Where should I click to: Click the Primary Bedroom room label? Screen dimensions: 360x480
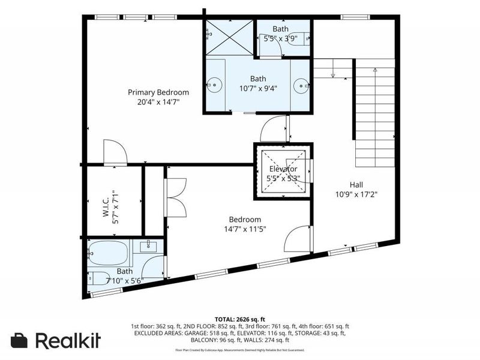158,92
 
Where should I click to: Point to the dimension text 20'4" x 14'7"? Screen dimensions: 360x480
158,102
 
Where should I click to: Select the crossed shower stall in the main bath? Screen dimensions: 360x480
229,38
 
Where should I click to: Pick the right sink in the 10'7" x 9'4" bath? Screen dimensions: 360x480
302,86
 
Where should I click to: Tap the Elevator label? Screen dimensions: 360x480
283,169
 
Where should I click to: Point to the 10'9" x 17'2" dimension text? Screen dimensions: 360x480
356,194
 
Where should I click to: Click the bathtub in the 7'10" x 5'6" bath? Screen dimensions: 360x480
109,254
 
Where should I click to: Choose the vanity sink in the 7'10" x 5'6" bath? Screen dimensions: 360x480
149,245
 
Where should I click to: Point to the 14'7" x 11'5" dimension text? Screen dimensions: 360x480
245,229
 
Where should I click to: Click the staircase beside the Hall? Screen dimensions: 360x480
374,114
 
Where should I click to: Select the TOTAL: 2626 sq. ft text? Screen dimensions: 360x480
240,319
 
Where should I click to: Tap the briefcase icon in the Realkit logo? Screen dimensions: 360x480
19,340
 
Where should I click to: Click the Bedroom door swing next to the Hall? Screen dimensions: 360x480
298,239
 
